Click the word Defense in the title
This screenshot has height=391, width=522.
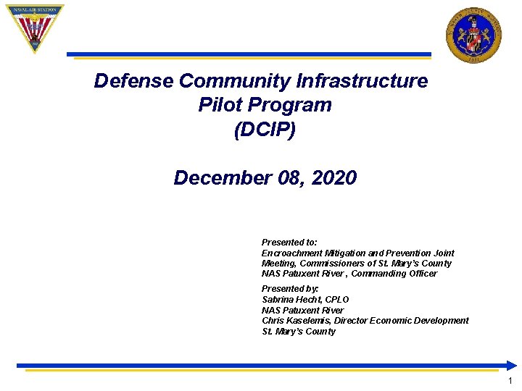tap(133, 81)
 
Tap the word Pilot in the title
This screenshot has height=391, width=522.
tap(220, 105)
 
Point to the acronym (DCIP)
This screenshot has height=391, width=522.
tap(265, 130)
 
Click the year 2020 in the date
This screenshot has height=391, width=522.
tap(333, 178)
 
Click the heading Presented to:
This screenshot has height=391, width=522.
tap(289, 243)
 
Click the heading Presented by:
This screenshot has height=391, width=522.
tap(290, 289)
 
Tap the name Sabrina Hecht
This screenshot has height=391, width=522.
tap(292, 300)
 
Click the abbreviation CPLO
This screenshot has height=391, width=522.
tap(337, 300)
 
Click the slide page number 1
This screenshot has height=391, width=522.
tap(510, 381)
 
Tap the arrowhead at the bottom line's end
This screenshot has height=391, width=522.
tap(511, 366)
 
